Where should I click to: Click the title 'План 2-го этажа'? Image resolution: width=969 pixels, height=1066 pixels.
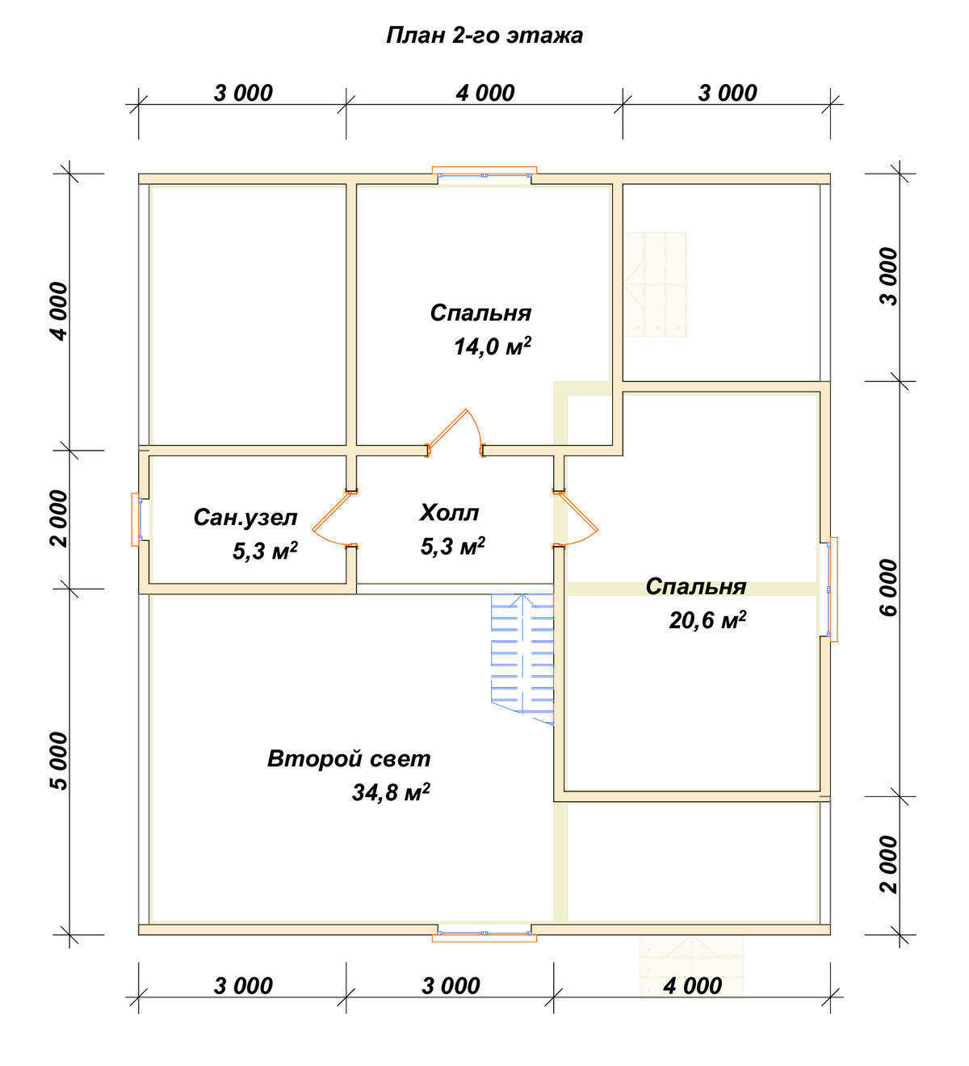pyautogui.click(x=484, y=36)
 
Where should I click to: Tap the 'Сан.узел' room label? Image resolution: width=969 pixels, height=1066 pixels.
pyautogui.click(x=245, y=518)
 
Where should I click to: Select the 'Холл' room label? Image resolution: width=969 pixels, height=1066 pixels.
pyautogui.click(x=449, y=513)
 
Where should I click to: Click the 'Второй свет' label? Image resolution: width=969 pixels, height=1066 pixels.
pyautogui.click(x=349, y=759)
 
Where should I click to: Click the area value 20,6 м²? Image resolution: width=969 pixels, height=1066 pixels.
pyautogui.click(x=707, y=619)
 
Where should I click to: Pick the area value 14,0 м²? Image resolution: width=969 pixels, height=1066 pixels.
pyautogui.click(x=493, y=346)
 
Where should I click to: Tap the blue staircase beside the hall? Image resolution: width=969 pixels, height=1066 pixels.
pyautogui.click(x=522, y=660)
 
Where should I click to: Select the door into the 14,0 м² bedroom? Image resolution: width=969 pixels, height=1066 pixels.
pyautogui.click(x=455, y=433)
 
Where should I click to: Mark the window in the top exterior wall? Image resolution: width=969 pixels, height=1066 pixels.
pyautogui.click(x=484, y=174)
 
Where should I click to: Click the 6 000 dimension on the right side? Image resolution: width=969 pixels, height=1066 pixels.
pyautogui.click(x=888, y=587)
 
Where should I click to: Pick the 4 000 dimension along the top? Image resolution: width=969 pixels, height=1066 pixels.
pyautogui.click(x=484, y=93)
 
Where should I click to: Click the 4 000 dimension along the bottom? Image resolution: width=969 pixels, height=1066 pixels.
pyautogui.click(x=692, y=986)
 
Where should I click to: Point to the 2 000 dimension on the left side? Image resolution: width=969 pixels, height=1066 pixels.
pyautogui.click(x=59, y=518)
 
